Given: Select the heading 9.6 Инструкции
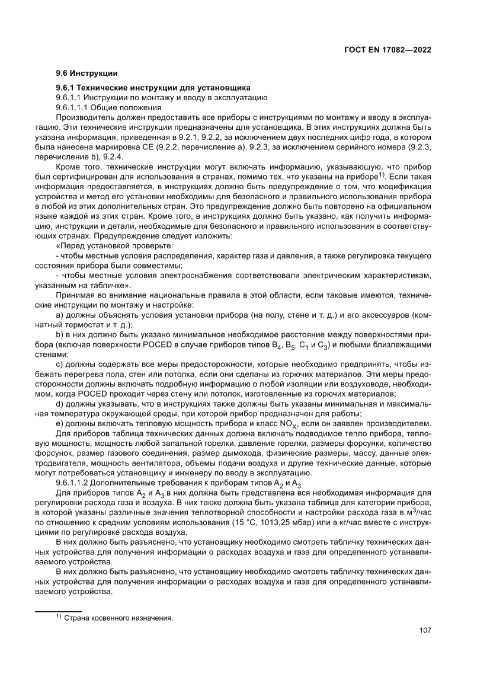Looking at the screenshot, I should [87, 74].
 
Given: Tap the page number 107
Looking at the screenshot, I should [424, 630].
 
